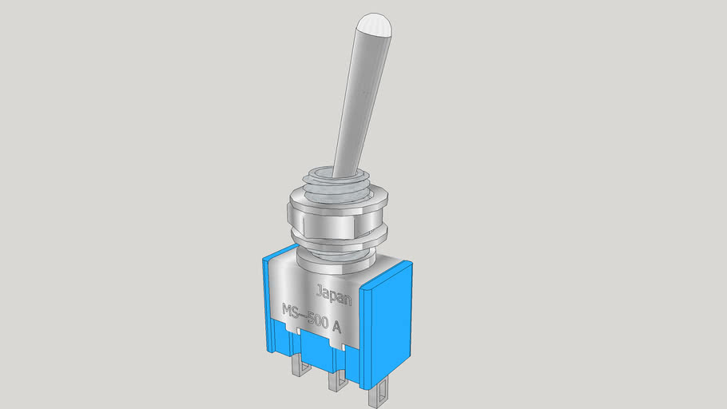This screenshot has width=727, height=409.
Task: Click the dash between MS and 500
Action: tap(305, 316)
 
